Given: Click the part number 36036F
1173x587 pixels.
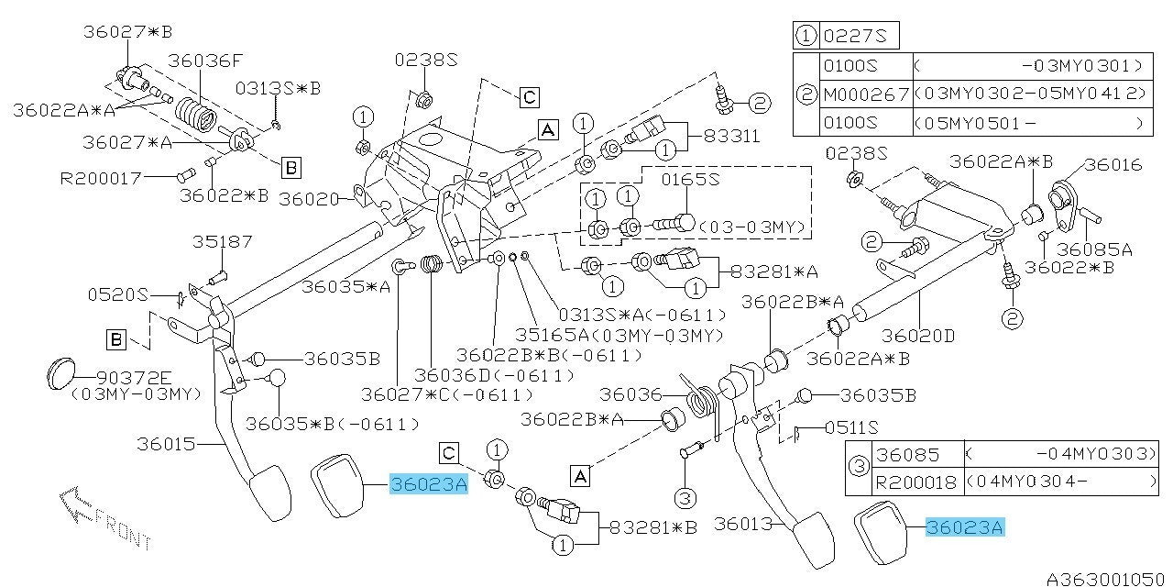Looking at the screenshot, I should pos(205,61).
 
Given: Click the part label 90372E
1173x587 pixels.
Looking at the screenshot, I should pos(134,377).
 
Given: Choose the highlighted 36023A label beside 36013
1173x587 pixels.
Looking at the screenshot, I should pos(965,527).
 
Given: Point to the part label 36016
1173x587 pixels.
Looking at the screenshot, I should pos(1113,165).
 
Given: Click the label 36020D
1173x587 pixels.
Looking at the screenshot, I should pos(917,336).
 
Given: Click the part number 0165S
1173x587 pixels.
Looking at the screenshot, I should pos(693,179).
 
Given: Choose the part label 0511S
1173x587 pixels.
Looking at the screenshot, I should pos(850,427).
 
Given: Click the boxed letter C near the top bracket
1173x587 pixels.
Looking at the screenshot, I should pos(529,96).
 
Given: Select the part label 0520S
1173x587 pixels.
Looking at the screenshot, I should pos(117,294).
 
